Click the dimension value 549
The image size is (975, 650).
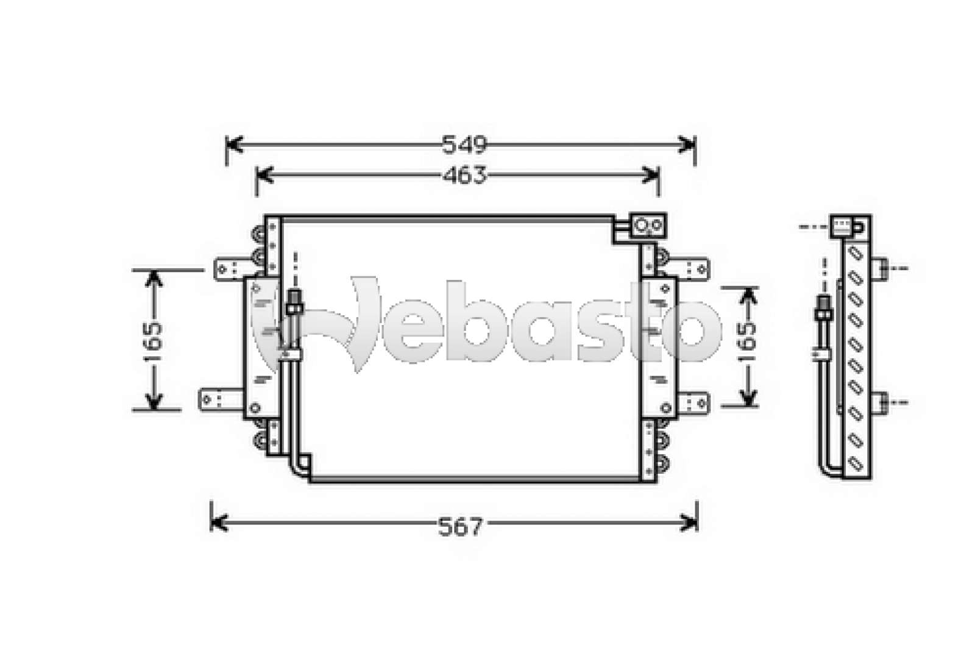coord(464,145)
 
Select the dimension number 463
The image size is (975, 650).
coord(464,176)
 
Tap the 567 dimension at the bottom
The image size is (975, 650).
coord(461,526)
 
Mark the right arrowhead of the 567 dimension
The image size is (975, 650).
coord(689,523)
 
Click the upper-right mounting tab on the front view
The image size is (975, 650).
coord(691,268)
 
